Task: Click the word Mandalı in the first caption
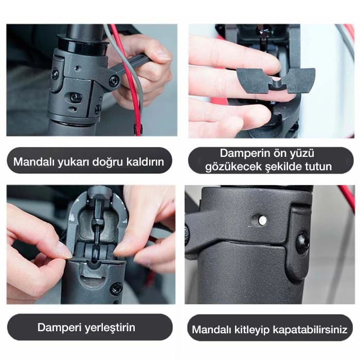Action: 34,161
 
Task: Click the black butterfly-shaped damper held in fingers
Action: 276,80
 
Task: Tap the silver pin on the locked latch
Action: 262,220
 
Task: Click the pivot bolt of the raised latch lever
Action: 114,81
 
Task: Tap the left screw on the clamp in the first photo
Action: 55,74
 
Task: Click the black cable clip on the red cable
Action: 137,129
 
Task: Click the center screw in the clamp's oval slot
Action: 75,97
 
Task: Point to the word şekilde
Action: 283,167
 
